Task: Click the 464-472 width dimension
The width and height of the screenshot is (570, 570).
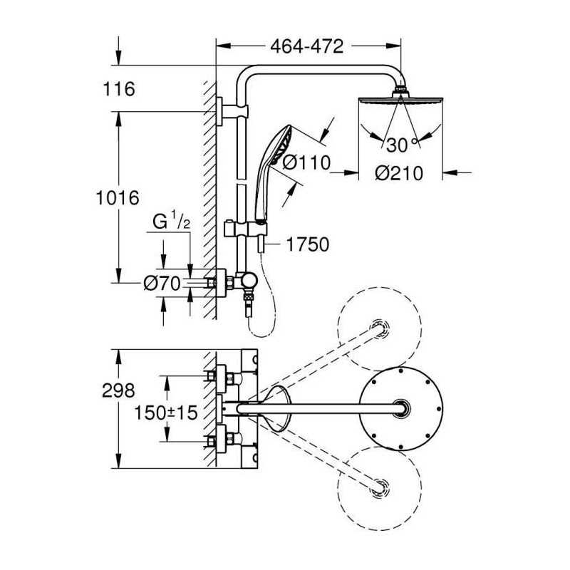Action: tap(307, 46)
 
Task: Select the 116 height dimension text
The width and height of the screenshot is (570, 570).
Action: tap(119, 88)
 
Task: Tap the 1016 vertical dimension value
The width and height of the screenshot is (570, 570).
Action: tap(118, 198)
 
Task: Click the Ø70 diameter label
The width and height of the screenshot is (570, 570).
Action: tap(162, 283)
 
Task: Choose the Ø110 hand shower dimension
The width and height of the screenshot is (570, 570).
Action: tap(306, 162)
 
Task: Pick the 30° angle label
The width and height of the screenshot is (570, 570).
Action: tap(402, 145)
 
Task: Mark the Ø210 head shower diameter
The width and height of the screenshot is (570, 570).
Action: tap(399, 173)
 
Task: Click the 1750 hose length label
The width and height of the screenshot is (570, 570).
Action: tap(308, 244)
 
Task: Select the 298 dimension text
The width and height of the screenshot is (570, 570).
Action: tap(118, 390)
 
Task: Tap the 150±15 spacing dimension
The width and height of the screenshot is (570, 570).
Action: tap(166, 413)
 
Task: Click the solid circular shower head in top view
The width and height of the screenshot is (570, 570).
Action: tap(400, 408)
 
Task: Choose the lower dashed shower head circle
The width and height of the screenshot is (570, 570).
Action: tap(380, 489)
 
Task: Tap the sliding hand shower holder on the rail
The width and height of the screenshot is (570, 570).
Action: tap(245, 229)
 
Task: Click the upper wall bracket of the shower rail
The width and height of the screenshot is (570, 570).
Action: tap(232, 111)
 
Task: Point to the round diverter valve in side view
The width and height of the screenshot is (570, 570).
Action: tap(250, 280)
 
